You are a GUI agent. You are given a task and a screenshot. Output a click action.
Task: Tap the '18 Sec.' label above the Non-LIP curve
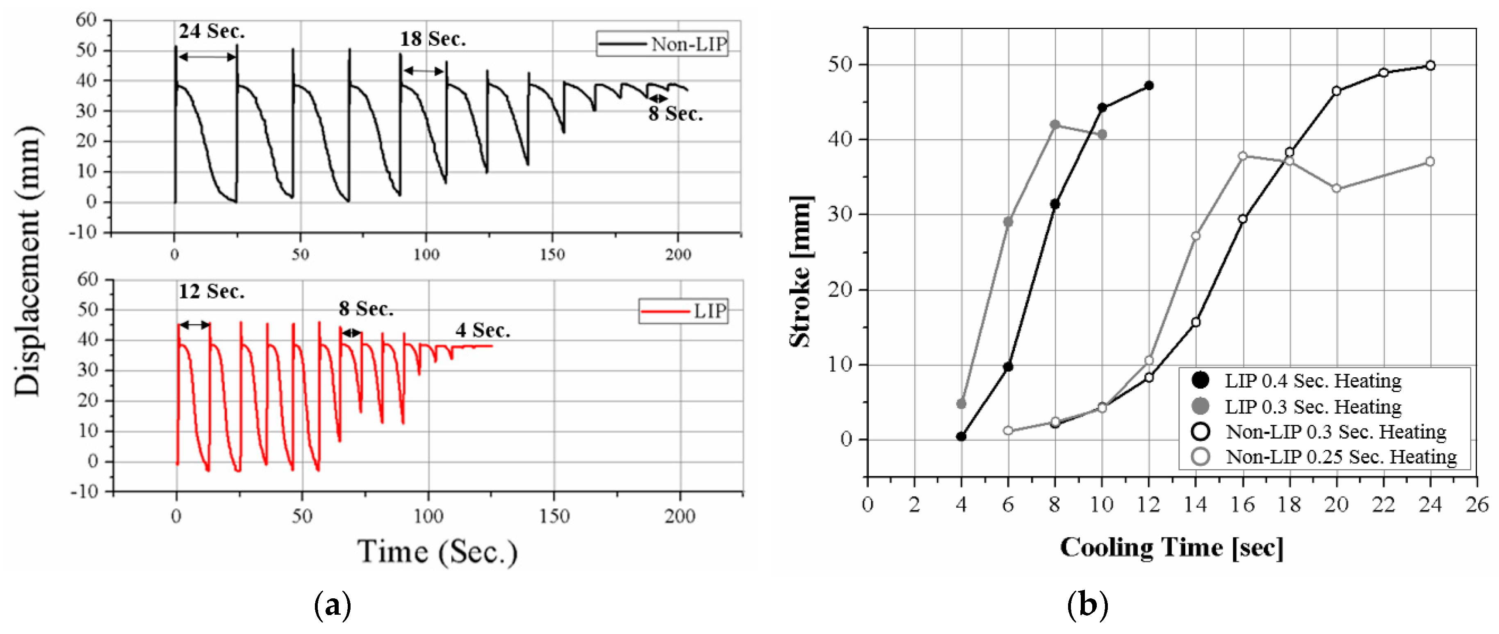(x=433, y=39)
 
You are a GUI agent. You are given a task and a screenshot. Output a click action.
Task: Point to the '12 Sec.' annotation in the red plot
(x=211, y=291)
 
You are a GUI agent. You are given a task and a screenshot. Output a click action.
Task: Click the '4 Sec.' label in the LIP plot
(x=483, y=330)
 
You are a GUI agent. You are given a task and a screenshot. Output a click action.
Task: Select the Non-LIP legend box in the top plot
(x=662, y=43)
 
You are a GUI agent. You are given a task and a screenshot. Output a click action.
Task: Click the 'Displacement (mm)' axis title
(x=27, y=260)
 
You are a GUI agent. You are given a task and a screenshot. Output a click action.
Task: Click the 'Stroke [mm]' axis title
(x=800, y=271)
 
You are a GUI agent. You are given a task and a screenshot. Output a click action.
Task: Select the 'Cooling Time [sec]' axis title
(x=1171, y=547)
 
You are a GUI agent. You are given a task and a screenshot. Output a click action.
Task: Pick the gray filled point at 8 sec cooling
(x=1055, y=125)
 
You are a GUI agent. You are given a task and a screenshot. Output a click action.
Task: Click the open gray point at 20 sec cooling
(x=1336, y=189)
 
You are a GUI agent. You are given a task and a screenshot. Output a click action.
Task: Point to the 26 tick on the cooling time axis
(x=1477, y=504)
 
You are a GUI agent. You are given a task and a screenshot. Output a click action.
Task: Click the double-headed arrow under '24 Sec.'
(x=207, y=57)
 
